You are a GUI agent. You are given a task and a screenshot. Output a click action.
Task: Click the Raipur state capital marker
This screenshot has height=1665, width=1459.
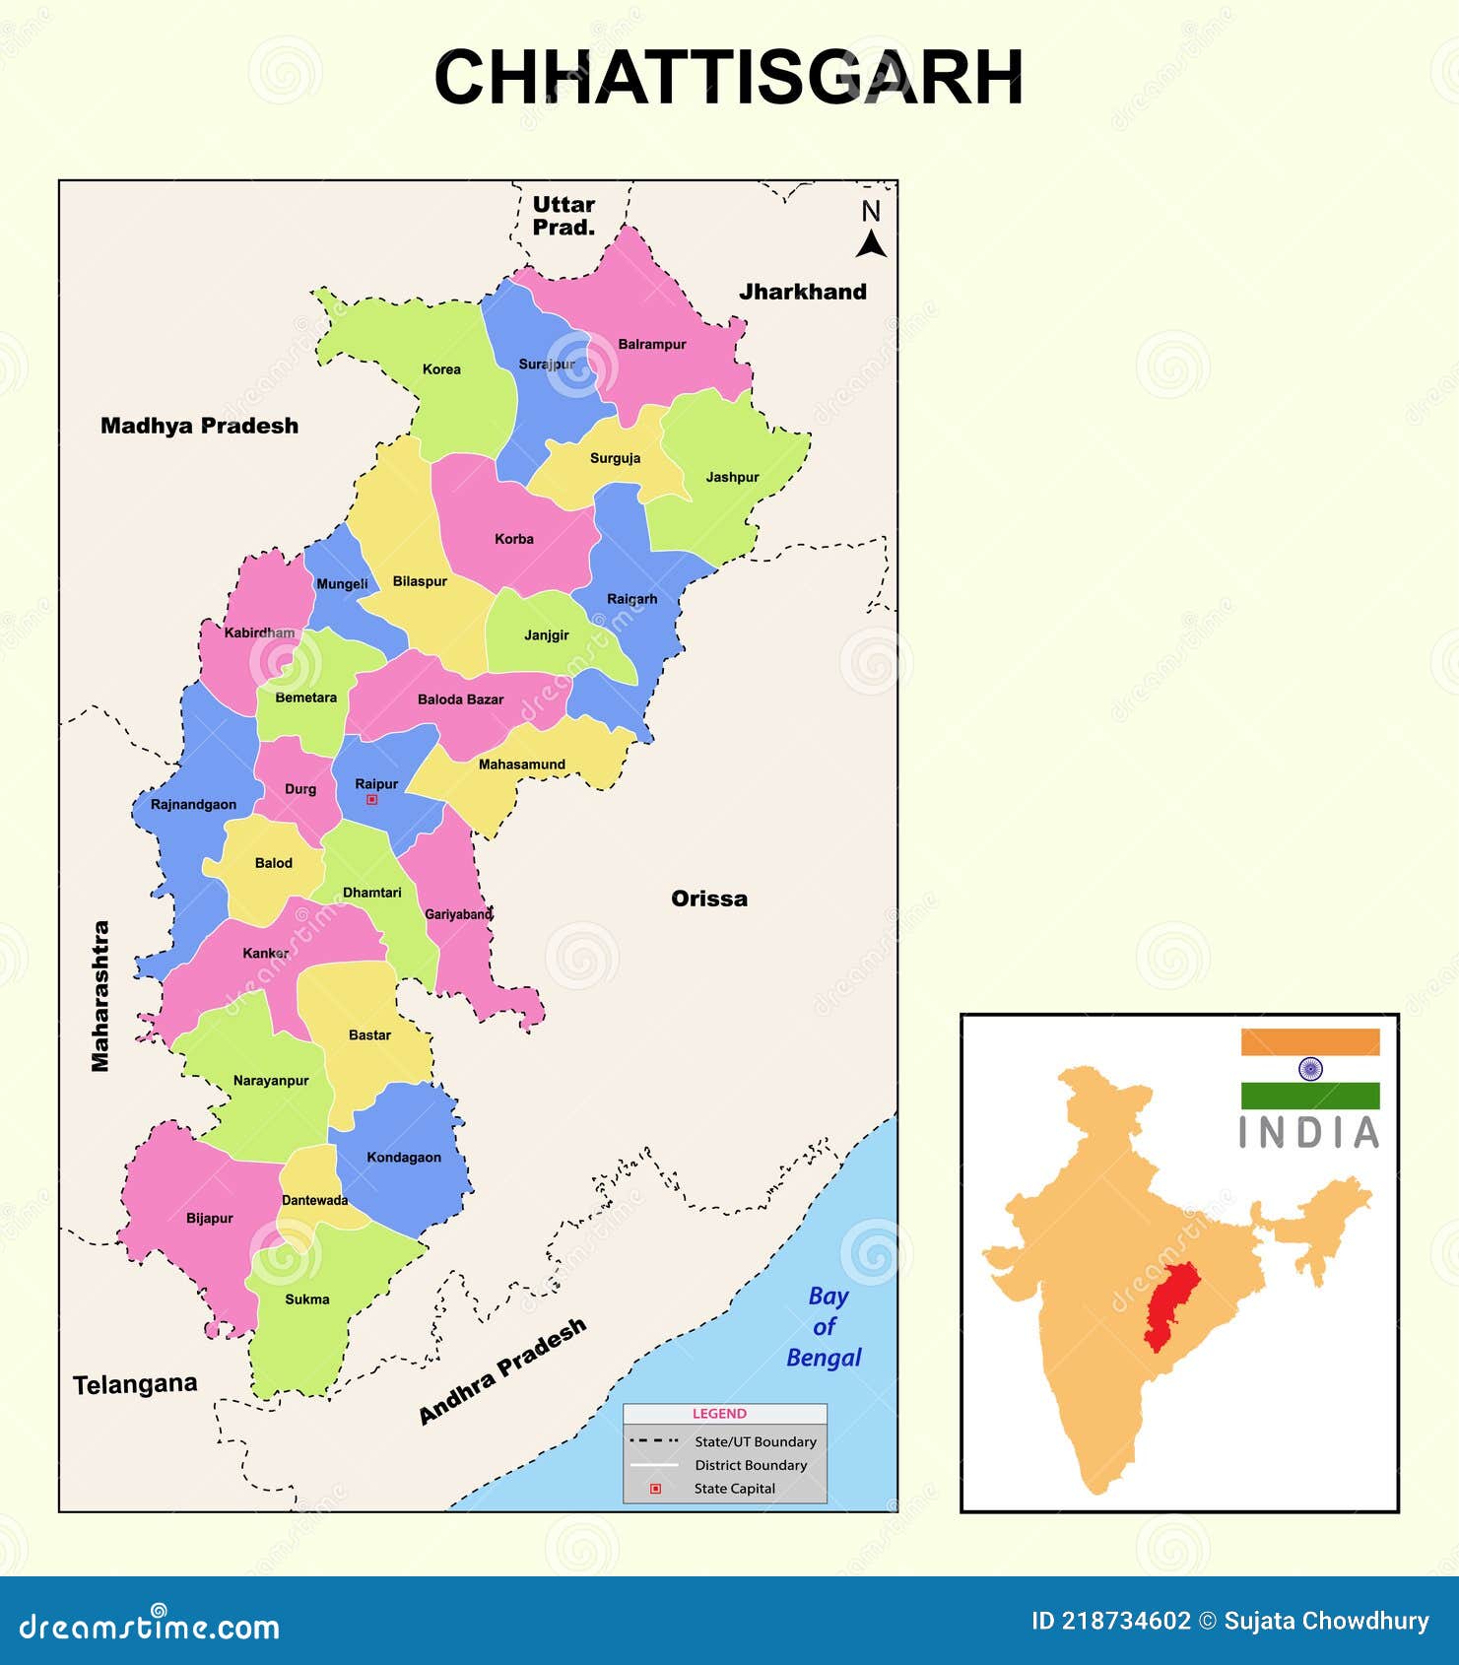click(x=371, y=800)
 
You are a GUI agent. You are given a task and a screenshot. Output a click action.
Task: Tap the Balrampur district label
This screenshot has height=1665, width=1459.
click(x=651, y=345)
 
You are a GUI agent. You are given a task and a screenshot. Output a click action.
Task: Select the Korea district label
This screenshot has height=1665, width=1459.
click(x=441, y=369)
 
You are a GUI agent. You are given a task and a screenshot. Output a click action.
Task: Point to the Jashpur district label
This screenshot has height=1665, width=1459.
click(x=732, y=477)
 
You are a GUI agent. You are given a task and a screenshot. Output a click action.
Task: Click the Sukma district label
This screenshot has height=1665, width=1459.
click(x=306, y=1299)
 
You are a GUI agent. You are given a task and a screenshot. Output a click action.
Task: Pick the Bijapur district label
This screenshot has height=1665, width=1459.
click(x=210, y=1219)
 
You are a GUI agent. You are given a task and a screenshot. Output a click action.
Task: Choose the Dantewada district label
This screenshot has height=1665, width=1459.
click(x=314, y=1200)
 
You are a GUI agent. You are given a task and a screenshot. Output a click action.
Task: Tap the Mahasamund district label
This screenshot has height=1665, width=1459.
click(x=522, y=765)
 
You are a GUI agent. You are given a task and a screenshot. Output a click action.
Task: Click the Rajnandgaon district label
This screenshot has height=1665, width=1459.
click(x=193, y=805)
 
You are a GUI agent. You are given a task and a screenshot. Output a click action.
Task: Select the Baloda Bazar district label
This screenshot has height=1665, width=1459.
click(x=460, y=699)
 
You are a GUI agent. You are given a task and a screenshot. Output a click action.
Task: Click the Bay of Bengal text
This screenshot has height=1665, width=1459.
click(x=824, y=1327)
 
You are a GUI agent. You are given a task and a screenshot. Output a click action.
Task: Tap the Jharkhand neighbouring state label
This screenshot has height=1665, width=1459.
click(x=803, y=292)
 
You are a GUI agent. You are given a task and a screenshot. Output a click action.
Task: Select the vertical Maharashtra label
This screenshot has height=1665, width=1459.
click(x=100, y=995)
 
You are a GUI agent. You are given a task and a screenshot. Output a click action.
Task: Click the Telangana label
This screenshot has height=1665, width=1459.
click(x=135, y=1384)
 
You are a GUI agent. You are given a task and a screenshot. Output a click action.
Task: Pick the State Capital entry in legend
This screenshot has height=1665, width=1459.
click(x=734, y=1489)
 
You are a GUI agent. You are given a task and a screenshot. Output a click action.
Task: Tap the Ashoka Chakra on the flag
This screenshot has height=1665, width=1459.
click(x=1310, y=1069)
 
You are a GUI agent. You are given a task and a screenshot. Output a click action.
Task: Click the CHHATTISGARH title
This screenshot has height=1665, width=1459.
click(x=729, y=78)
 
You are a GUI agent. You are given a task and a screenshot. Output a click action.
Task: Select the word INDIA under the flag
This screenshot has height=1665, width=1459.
click(x=1309, y=1133)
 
